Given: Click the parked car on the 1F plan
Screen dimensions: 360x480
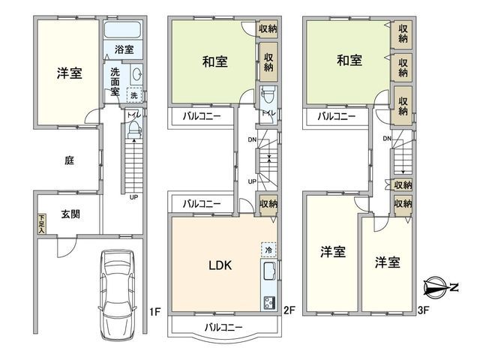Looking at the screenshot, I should tap(117, 285).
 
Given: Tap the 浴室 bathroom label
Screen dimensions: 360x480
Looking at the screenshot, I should tap(124, 50).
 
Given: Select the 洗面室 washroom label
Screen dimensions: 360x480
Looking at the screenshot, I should tap(115, 80).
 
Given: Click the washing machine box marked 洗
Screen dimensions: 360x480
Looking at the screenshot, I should tap(135, 95).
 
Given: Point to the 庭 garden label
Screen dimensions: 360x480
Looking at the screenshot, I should tap(68, 159).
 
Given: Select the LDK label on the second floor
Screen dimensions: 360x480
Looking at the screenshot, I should tap(219, 265).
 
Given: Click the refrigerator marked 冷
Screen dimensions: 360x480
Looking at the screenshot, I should tap(268, 248).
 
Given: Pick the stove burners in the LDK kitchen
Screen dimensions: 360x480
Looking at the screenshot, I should tap(269, 302).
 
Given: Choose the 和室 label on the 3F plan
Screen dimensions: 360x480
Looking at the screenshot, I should tap(349, 59).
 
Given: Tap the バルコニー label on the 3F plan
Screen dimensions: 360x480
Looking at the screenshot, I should tap(335, 116).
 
